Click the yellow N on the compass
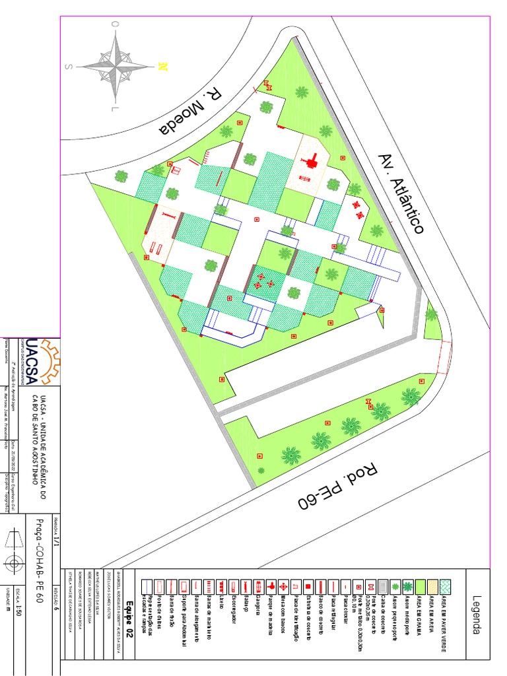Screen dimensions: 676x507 162,66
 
